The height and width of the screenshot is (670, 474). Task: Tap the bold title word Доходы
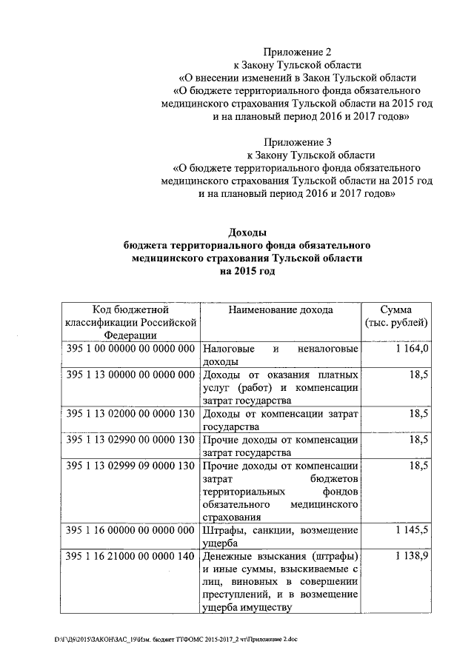tap(247, 232)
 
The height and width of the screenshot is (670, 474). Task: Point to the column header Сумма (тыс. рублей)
tap(396, 317)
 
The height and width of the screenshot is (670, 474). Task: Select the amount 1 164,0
tap(413, 349)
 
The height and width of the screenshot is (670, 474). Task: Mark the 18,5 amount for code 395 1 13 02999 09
tap(418, 466)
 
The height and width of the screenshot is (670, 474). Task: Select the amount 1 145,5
tap(413, 530)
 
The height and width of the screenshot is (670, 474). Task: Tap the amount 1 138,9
tap(413, 556)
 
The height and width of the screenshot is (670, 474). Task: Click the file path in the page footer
tap(176, 638)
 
